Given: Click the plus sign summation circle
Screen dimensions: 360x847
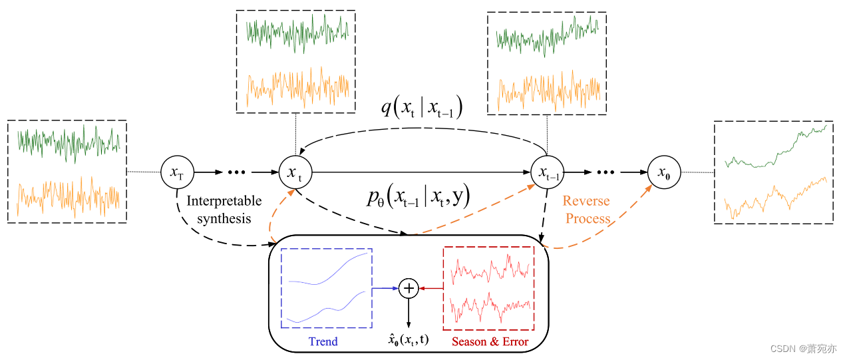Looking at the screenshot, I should pyautogui.click(x=408, y=288).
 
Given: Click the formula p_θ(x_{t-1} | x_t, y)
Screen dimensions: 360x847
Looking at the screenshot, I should pyautogui.click(x=419, y=196).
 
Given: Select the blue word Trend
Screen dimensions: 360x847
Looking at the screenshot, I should pyautogui.click(x=323, y=341).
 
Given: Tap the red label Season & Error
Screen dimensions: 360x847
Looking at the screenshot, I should pyautogui.click(x=490, y=341).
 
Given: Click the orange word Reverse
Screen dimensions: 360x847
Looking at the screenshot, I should pyautogui.click(x=586, y=201).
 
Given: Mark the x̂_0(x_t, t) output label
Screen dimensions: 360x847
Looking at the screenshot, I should pyautogui.click(x=408, y=340).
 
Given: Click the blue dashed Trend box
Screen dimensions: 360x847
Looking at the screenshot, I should pyautogui.click(x=326, y=287).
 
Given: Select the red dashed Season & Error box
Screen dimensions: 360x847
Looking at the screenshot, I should pyautogui.click(x=488, y=287).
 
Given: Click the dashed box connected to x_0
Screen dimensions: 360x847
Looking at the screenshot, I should pyautogui.click(x=773, y=172).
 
